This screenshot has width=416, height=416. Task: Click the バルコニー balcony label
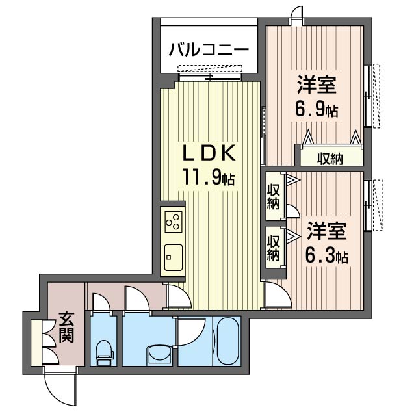(x=209, y=50)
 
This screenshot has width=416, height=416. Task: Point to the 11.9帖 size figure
(x=207, y=177)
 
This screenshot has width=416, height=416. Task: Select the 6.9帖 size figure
(x=317, y=109)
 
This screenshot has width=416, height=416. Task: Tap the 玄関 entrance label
(x=66, y=328)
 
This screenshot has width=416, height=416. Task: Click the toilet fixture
(x=104, y=351)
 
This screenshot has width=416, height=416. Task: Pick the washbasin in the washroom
(x=158, y=355)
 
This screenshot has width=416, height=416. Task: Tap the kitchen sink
(x=173, y=257)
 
